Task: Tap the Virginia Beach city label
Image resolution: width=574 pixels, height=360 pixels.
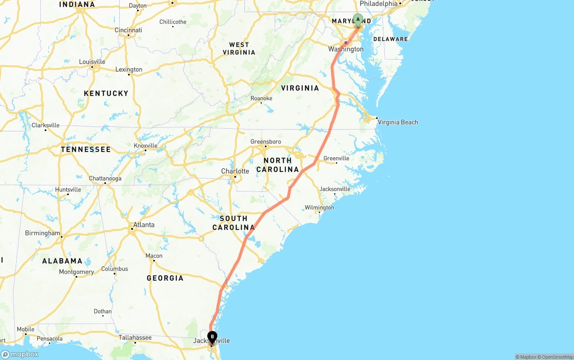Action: (398, 122)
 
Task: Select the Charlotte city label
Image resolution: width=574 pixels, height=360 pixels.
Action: (235, 171)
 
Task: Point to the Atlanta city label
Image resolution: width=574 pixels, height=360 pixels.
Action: (144, 225)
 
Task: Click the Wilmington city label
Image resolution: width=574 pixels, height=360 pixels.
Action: (319, 208)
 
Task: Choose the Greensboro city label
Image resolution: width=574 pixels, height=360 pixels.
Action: (265, 142)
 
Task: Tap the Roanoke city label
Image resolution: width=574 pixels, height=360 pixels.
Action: (261, 98)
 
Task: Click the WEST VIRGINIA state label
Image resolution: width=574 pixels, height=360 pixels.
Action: (239, 48)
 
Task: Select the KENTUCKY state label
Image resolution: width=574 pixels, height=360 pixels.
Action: (106, 93)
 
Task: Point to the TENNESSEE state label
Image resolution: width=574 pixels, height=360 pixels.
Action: (86, 149)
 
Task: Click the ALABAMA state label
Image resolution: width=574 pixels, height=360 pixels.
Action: (62, 261)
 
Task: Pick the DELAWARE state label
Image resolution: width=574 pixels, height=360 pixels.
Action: (391, 39)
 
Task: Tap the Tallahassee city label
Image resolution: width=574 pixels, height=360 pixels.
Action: (135, 337)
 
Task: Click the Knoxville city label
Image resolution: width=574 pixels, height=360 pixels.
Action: (146, 145)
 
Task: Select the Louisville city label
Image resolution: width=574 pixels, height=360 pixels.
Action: (92, 61)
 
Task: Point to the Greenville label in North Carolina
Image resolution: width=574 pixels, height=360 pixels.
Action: (336, 158)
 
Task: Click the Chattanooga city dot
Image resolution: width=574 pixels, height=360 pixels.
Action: (105, 183)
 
